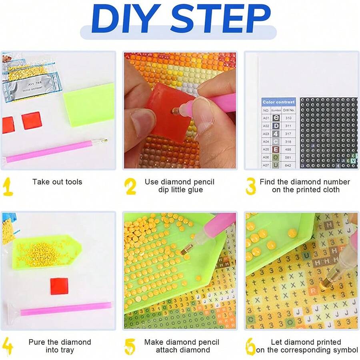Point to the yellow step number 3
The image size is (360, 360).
tap(251, 186)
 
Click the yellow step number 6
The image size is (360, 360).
tap(251, 346)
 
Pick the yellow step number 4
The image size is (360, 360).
tap(8, 346)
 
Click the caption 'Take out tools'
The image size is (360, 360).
tap(57, 182)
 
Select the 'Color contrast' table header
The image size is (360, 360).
tap(279, 102)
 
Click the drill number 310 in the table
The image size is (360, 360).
tap(288, 118)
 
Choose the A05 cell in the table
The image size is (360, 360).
tap(266, 149)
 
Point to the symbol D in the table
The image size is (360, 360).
tap(276, 126)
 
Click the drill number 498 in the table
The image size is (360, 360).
tap(288, 149)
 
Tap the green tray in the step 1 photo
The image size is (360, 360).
tap(89, 104)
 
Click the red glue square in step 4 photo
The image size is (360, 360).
tap(60, 286)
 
